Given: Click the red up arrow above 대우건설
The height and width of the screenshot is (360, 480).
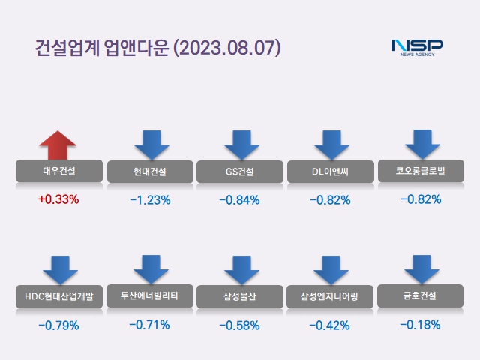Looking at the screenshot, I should [58, 145].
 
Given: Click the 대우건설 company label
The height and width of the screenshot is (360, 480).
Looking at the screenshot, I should [58, 172].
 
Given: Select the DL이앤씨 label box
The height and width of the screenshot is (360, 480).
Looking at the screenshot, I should [331, 172].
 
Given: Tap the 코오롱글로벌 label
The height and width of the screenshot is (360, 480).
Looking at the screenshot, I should [421, 171].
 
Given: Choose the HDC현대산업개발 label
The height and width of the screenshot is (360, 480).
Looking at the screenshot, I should [58, 295].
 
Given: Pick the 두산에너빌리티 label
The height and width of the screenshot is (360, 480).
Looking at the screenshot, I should [150, 295].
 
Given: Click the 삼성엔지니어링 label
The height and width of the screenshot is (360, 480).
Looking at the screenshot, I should [331, 295].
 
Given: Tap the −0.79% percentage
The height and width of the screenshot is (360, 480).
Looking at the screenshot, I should [58, 325].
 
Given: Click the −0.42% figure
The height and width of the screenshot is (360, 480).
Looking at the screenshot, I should [331, 325].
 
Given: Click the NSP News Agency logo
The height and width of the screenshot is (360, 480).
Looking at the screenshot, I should [417, 47].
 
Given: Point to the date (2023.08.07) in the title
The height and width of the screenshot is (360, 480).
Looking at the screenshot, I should [227, 47].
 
